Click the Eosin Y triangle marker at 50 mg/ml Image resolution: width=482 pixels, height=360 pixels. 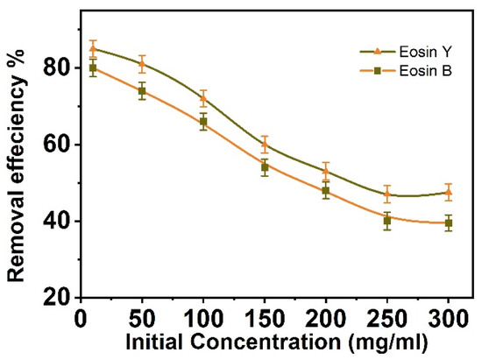(x=143, y=63)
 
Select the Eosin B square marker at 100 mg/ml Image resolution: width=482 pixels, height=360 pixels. (x=203, y=123)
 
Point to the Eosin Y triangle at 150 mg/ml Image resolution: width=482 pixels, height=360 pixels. (x=265, y=145)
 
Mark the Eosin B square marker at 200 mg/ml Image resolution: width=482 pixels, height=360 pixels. (x=326, y=191)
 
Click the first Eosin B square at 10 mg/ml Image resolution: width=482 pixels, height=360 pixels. (x=93, y=67)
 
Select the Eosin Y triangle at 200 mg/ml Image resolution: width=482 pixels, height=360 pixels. (x=326, y=172)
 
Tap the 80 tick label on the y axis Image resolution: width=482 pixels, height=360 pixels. (x=54, y=67)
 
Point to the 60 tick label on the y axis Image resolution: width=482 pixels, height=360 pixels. (x=54, y=145)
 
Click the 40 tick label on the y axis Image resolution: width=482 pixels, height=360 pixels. (x=54, y=222)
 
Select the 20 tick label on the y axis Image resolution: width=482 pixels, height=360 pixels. (x=54, y=299)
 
